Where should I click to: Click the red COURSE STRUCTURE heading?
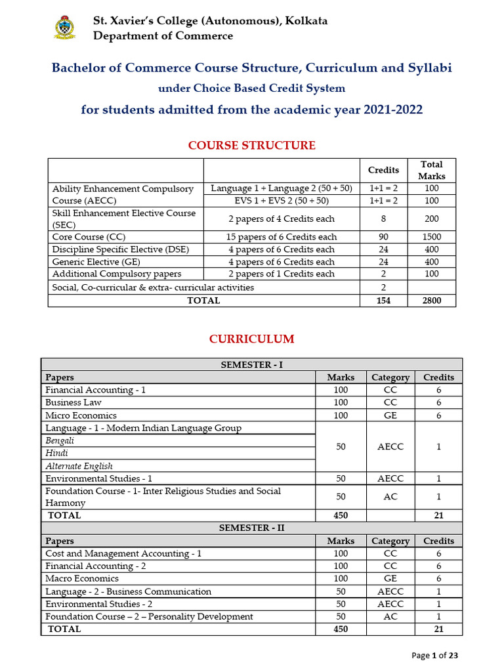(252, 145)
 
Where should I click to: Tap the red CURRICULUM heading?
(252, 339)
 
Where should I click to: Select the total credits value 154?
(383, 301)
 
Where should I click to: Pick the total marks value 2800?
(432, 301)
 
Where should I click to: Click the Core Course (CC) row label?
(89, 237)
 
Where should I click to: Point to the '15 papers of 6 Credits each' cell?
(282, 237)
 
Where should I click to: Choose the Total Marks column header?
(432, 170)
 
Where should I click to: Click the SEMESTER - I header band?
(252, 364)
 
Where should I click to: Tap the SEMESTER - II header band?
(252, 528)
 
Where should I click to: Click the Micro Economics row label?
(81, 415)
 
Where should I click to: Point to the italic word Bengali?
(60, 441)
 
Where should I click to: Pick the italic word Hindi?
(56, 453)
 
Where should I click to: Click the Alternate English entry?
(79, 466)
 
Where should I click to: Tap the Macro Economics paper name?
(82, 579)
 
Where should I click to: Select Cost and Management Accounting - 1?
(123, 553)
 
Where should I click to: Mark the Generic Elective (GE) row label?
(94, 262)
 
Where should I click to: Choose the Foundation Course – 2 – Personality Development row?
(149, 617)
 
